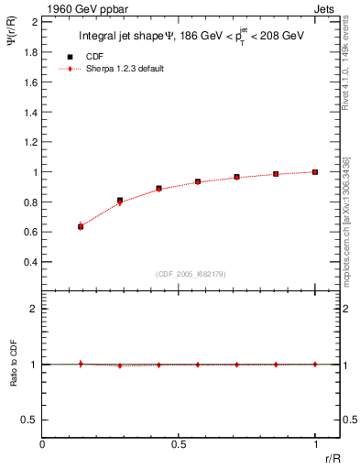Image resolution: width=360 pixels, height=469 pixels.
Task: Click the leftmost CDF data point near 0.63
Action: point(81,226)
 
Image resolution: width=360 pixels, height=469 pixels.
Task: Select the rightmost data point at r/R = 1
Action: point(315,171)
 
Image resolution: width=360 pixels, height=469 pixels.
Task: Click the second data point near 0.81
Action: point(120,200)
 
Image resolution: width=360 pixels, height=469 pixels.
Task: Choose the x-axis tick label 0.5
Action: point(179,444)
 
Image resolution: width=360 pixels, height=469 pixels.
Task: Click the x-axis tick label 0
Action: point(43,444)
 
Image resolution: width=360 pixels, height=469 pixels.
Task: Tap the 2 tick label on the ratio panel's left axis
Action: point(34,310)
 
